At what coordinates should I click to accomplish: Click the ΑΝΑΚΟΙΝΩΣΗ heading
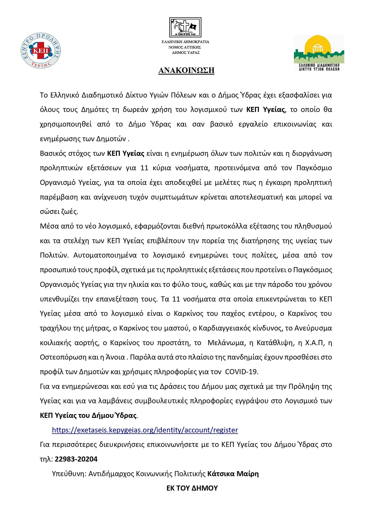[x=186, y=70]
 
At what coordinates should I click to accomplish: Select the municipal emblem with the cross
[x=185, y=27]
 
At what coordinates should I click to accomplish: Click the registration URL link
[x=145, y=430]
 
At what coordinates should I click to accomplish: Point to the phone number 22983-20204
[x=76, y=459]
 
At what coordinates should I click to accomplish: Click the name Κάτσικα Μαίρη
[x=233, y=474]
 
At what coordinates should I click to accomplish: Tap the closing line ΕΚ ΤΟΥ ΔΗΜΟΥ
[x=192, y=488]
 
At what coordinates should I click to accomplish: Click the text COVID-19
[x=241, y=372]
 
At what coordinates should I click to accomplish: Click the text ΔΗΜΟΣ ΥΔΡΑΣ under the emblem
[x=186, y=53]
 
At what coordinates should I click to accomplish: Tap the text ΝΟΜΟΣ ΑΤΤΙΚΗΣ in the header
[x=185, y=47]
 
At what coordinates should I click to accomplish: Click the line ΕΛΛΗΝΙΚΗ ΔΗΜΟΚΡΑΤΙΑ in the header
[x=185, y=42]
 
